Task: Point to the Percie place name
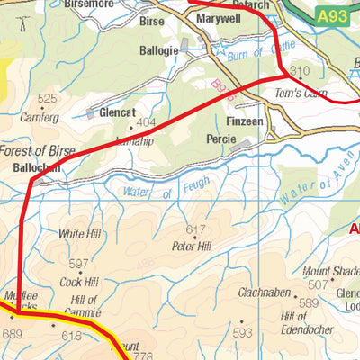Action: [x=221, y=139]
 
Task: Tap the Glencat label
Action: [x=118, y=112]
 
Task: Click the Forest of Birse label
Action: [x=37, y=151]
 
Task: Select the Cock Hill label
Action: [x=78, y=282]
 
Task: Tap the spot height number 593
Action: [x=241, y=333]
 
